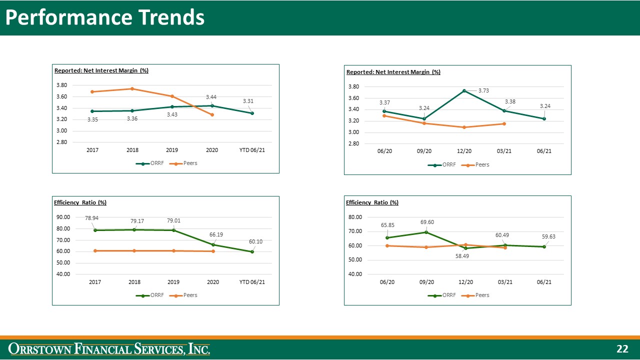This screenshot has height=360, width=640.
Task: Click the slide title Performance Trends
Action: (x=105, y=17)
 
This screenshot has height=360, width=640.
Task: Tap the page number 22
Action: (x=622, y=349)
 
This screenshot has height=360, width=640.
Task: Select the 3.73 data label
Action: (x=483, y=90)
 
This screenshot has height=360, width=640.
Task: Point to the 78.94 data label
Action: (x=91, y=218)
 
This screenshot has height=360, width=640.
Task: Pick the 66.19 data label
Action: (x=216, y=234)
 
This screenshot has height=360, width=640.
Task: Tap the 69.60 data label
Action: (x=426, y=222)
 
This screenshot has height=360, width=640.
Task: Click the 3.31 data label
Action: (x=248, y=101)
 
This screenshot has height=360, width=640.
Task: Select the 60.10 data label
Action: (x=255, y=241)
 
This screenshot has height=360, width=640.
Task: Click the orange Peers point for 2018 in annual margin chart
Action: (x=132, y=89)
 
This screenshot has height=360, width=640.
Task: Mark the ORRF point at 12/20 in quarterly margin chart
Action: (x=464, y=90)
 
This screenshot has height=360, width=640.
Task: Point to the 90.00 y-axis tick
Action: (x=63, y=217)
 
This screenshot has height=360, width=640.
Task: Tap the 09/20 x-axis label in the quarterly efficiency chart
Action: (x=426, y=282)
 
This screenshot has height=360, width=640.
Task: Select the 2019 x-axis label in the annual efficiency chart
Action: (x=173, y=282)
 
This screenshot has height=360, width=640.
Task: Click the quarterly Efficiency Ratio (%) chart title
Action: (x=372, y=202)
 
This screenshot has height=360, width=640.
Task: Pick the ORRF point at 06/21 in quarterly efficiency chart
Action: (x=544, y=246)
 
